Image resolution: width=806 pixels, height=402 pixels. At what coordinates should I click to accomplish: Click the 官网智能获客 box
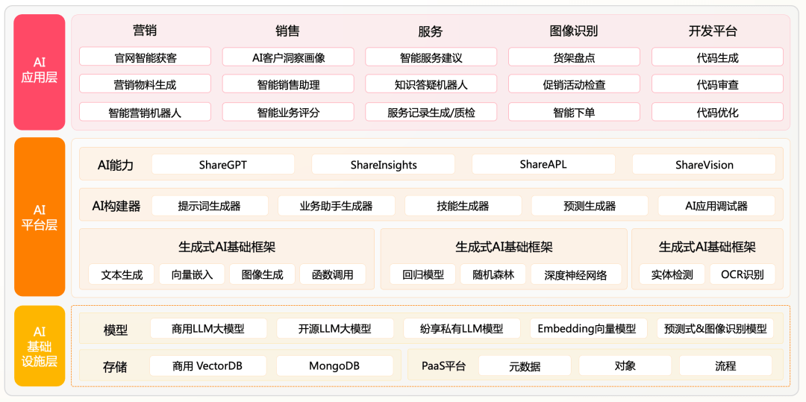click(x=145, y=57)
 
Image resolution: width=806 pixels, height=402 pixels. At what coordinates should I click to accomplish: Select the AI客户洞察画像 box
click(x=288, y=57)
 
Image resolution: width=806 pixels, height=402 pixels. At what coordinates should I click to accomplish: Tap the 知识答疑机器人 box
click(x=431, y=84)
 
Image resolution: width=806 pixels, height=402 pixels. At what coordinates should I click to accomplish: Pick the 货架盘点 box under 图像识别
click(x=574, y=57)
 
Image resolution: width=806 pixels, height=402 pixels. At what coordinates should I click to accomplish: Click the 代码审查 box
click(x=718, y=84)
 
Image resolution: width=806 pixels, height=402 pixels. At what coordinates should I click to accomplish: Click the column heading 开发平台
click(x=713, y=31)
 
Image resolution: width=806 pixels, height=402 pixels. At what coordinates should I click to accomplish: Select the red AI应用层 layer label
click(x=40, y=72)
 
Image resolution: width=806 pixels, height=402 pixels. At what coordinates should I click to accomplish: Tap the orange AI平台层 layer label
click(x=40, y=216)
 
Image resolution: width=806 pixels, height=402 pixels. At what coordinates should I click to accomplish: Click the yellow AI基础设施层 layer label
click(x=40, y=345)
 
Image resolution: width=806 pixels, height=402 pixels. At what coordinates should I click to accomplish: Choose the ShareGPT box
click(x=223, y=165)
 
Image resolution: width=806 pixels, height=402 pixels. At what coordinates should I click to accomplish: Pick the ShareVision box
click(x=705, y=165)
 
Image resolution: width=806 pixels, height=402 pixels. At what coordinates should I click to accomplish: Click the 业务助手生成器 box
click(x=336, y=207)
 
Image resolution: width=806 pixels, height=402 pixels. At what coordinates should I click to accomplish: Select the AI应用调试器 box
click(x=716, y=207)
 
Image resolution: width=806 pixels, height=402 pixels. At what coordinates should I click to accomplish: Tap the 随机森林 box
click(x=493, y=274)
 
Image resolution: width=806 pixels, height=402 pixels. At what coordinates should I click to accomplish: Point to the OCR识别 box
click(x=743, y=274)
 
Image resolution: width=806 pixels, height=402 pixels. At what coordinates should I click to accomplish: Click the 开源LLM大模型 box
click(x=335, y=329)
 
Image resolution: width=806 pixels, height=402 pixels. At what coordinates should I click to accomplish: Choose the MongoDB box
click(x=334, y=366)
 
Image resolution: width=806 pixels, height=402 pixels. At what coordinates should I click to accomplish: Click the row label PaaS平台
click(x=443, y=367)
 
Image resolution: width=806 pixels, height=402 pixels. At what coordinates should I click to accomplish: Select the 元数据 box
click(x=525, y=366)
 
